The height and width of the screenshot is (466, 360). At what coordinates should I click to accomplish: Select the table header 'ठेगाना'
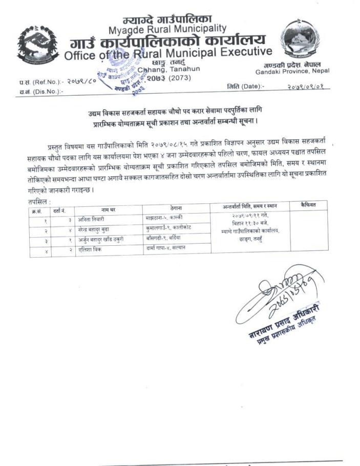[x=175, y=208]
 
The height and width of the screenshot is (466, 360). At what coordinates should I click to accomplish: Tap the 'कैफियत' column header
[x=308, y=205]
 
